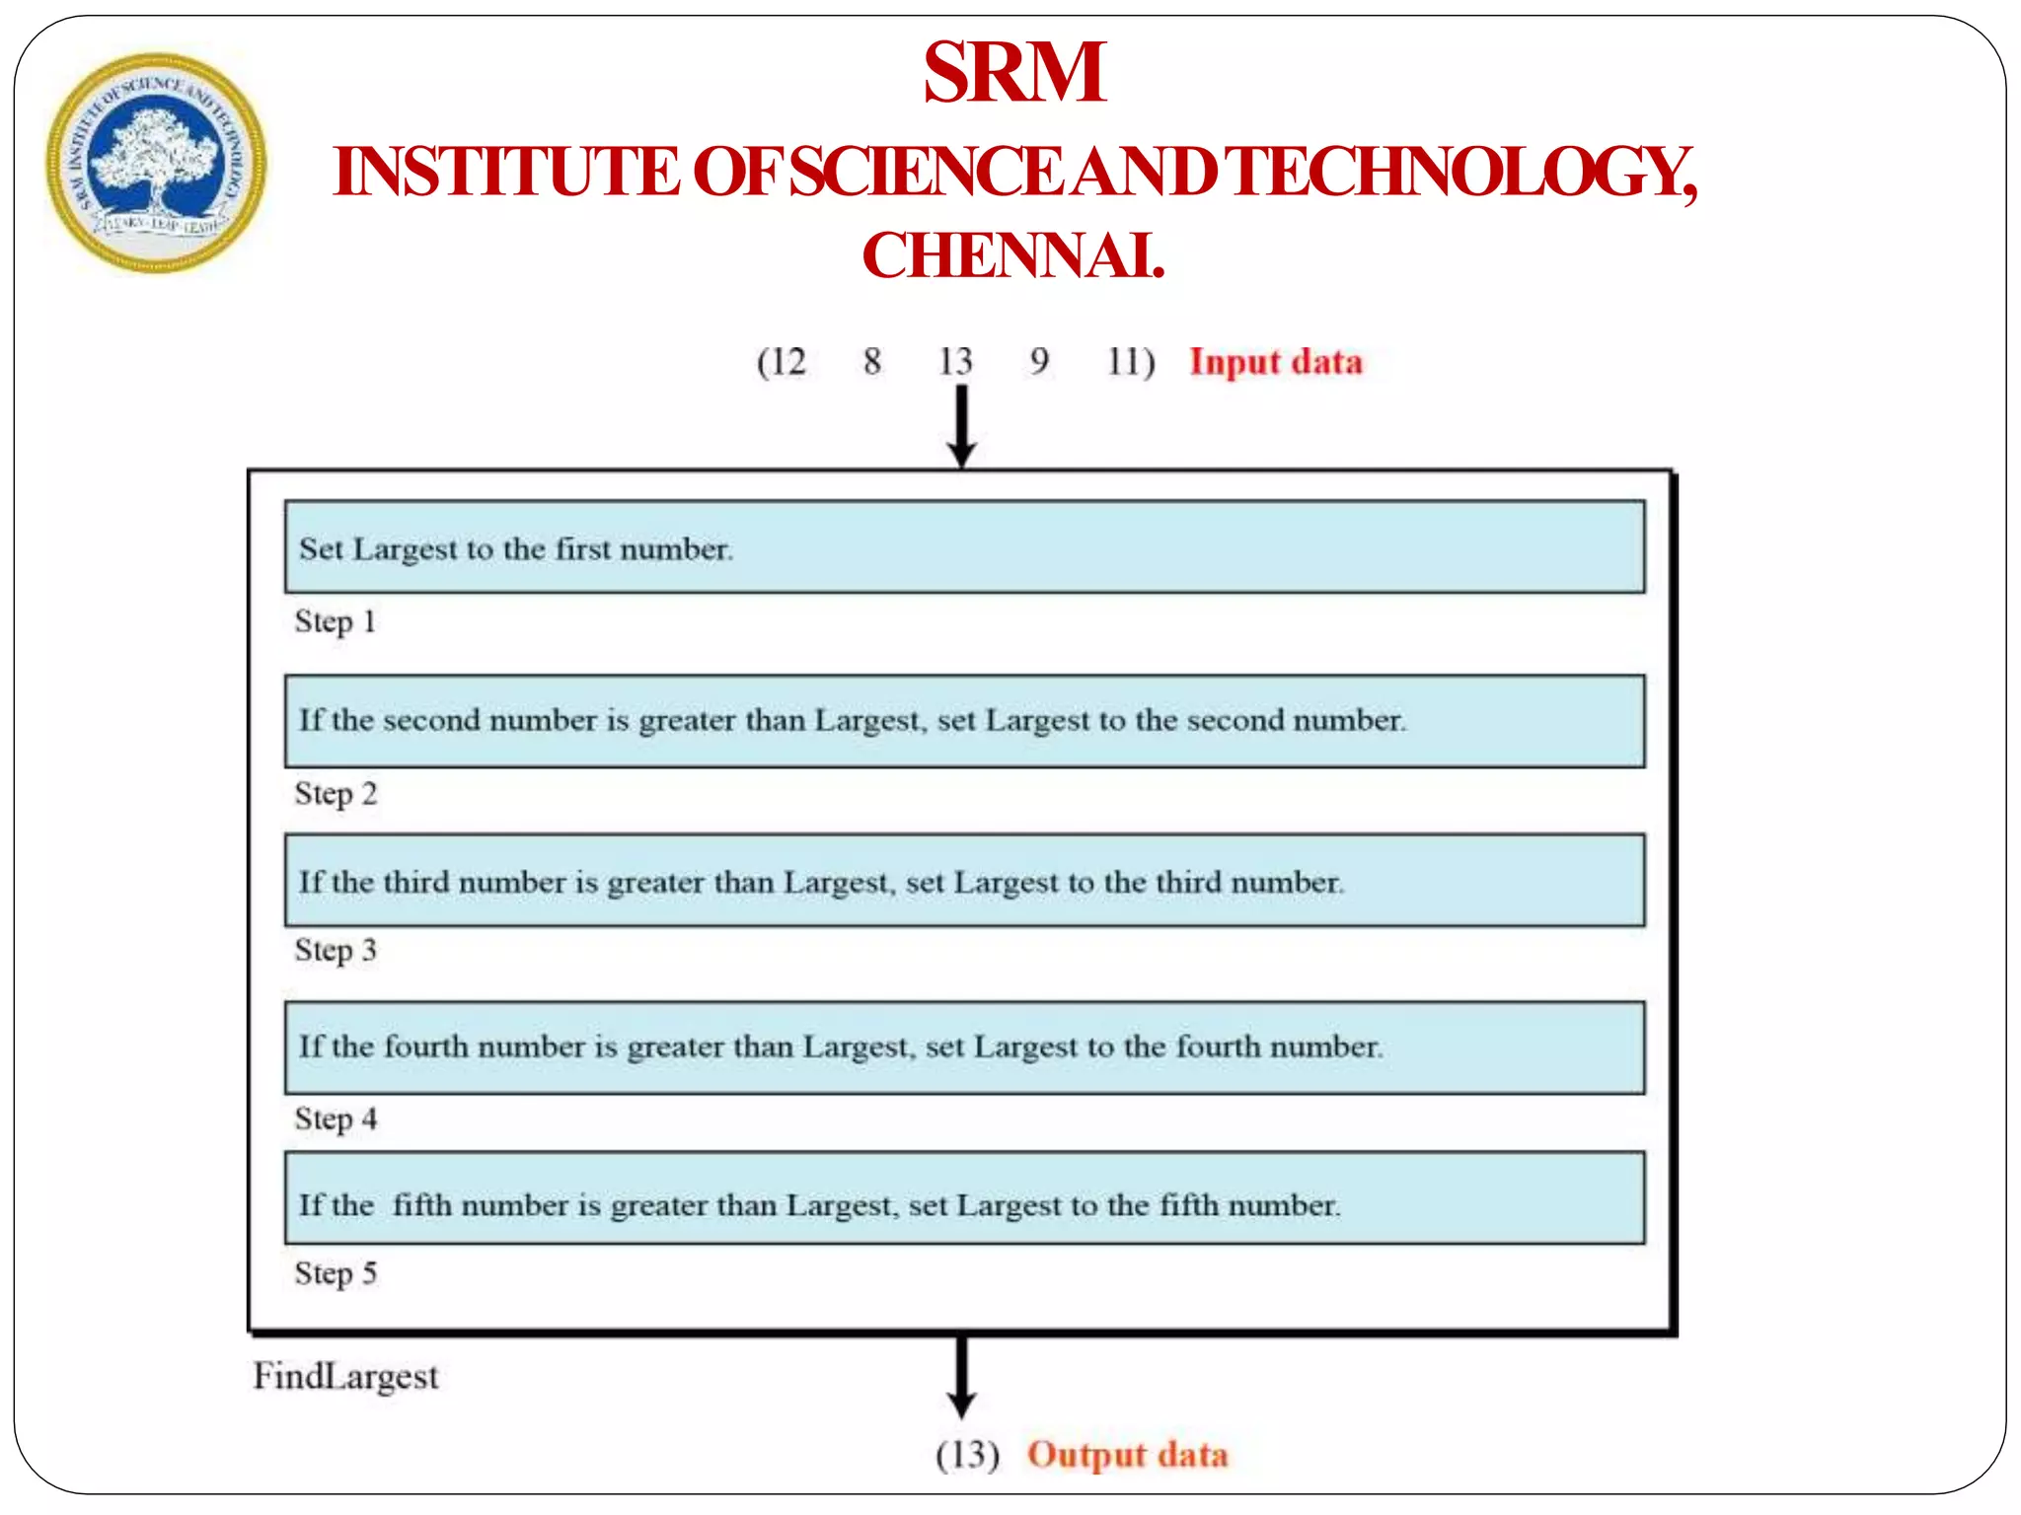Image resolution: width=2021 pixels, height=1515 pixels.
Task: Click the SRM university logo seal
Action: [156, 163]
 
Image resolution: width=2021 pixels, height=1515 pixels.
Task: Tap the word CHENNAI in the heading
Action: [1012, 255]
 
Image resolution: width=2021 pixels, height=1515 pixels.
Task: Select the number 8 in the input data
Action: [871, 361]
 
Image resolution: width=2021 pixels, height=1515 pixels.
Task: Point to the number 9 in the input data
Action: [1039, 361]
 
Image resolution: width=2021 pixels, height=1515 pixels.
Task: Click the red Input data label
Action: [1275, 361]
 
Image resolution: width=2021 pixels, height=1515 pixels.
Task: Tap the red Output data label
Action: [1127, 1455]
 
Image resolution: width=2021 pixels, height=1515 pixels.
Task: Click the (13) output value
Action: [967, 1455]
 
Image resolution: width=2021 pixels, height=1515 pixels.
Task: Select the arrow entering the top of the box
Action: [961, 425]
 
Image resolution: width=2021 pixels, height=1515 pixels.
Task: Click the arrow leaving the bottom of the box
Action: [961, 1377]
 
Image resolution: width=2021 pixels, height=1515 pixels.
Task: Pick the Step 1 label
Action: [336, 621]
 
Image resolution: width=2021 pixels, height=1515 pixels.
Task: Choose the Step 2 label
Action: [336, 793]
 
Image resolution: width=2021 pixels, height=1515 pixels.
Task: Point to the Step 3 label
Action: [336, 950]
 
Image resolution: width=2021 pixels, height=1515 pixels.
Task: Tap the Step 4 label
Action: [336, 1118]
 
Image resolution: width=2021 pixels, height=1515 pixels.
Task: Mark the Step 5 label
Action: [336, 1273]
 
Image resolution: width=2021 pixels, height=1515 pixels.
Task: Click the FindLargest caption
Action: [345, 1376]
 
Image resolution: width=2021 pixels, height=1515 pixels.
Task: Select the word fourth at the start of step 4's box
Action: [425, 1046]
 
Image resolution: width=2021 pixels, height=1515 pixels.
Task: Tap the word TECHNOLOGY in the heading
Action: [1462, 173]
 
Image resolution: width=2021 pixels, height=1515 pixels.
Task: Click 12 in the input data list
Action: [786, 361]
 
